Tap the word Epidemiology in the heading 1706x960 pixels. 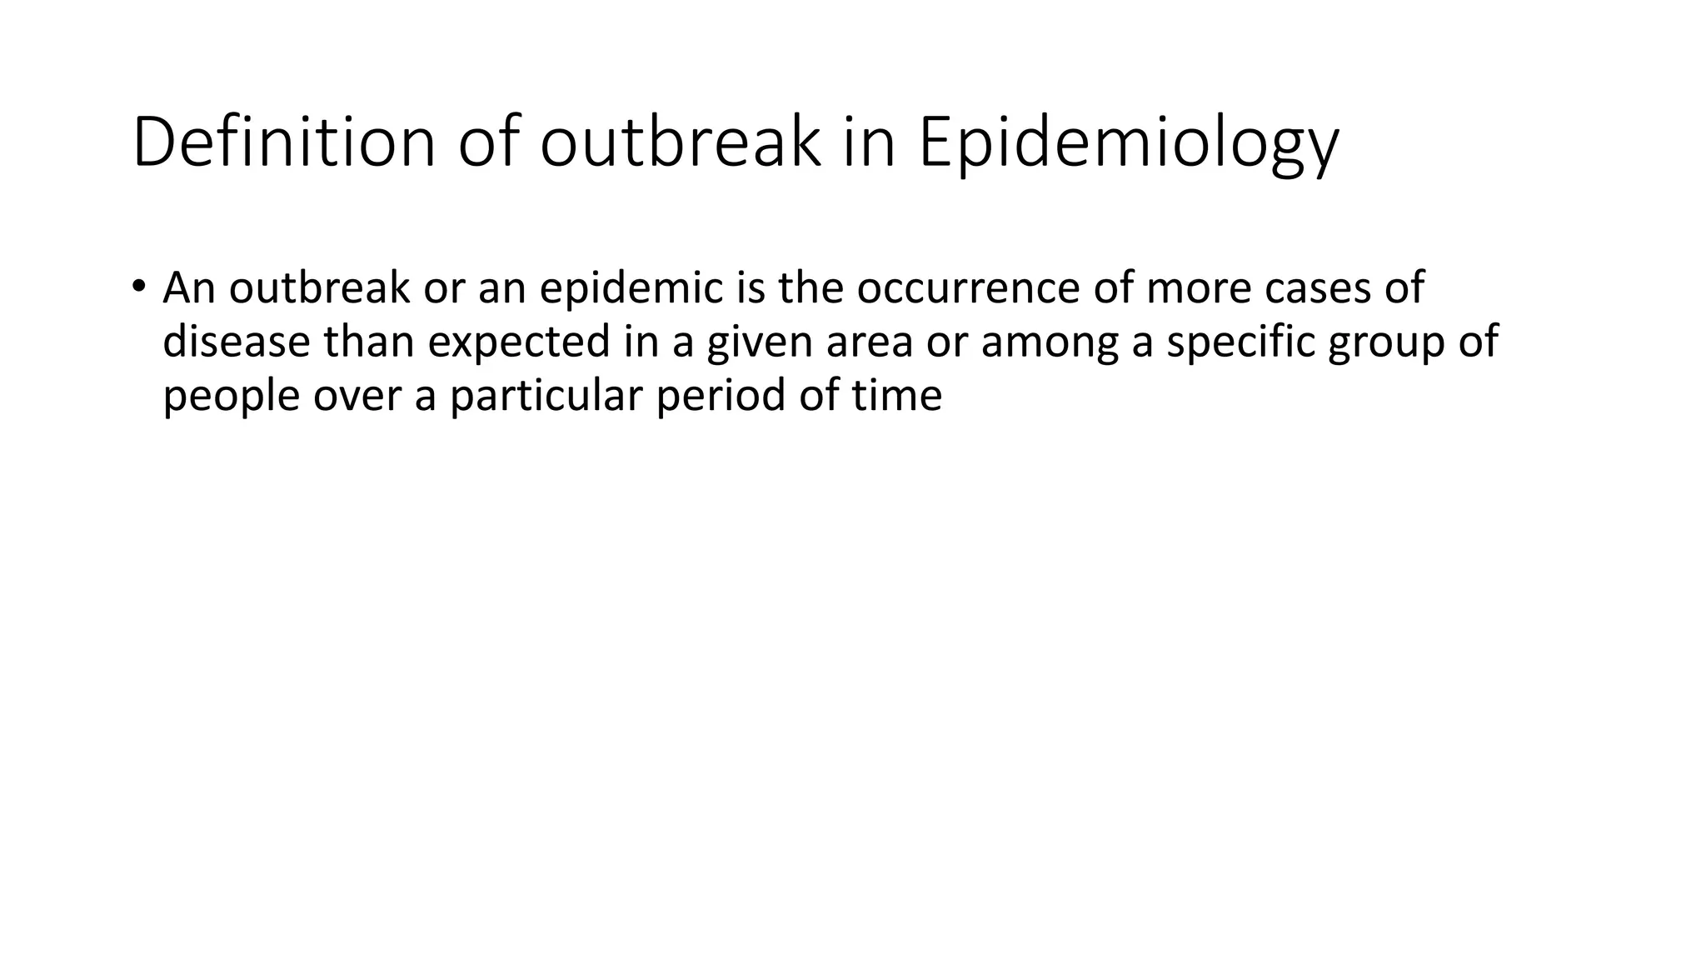point(1129,143)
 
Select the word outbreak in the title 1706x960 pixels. point(681,143)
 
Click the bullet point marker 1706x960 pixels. point(138,286)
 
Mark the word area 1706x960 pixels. point(870,342)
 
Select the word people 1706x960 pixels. point(231,395)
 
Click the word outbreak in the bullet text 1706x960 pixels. point(319,288)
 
